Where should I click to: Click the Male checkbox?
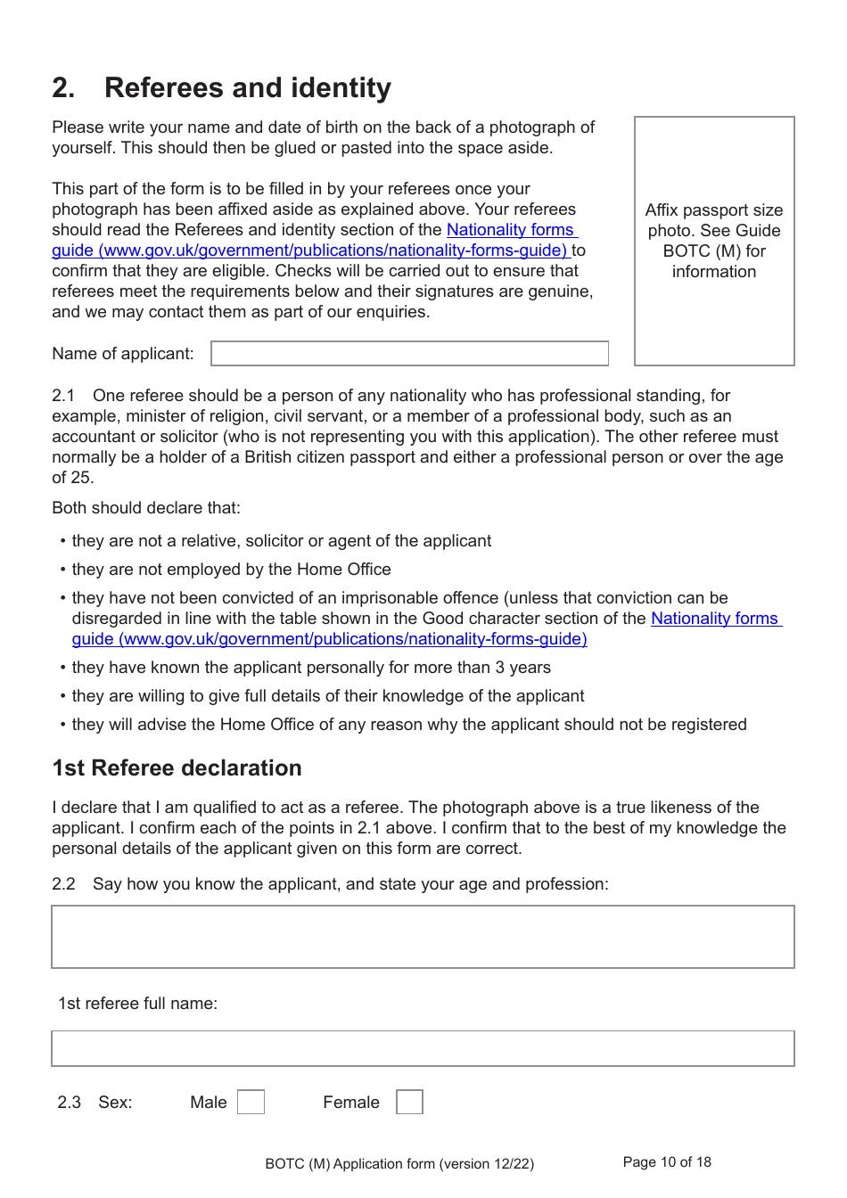pyautogui.click(x=251, y=1102)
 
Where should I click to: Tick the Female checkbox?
pyautogui.click(x=409, y=1102)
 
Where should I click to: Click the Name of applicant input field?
pyautogui.click(x=409, y=353)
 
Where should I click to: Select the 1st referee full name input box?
pyautogui.click(x=423, y=1048)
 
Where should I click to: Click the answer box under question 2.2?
pyautogui.click(x=423, y=937)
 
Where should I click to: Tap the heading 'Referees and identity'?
pyautogui.click(x=247, y=88)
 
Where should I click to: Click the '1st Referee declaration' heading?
pyautogui.click(x=177, y=768)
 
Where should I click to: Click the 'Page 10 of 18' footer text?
pyautogui.click(x=667, y=1162)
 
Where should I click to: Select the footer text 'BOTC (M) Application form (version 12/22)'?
pyautogui.click(x=399, y=1164)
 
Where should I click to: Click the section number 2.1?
pyautogui.click(x=63, y=396)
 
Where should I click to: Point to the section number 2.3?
pyautogui.click(x=69, y=1103)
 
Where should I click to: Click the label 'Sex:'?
pyautogui.click(x=115, y=1103)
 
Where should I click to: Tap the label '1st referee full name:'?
pyautogui.click(x=137, y=1004)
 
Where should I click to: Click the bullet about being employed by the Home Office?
pyautogui.click(x=231, y=570)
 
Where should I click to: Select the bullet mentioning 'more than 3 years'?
pyautogui.click(x=310, y=668)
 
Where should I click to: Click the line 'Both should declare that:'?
pyautogui.click(x=146, y=508)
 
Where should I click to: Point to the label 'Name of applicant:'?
pyautogui.click(x=122, y=354)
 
